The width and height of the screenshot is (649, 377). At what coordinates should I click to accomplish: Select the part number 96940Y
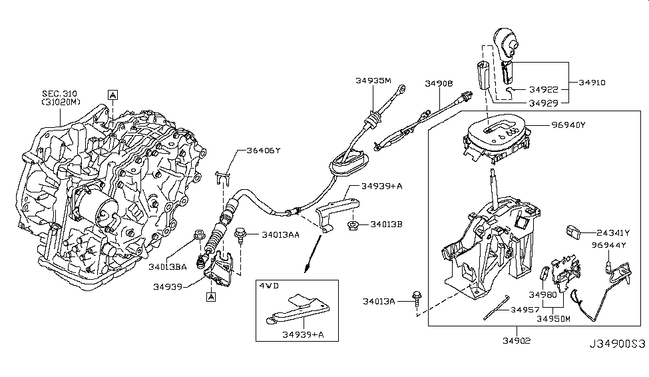568,124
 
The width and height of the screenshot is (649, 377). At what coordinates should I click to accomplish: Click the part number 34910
592,83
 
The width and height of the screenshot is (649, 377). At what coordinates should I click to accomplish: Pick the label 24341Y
612,232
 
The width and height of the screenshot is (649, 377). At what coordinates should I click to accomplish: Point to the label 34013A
379,302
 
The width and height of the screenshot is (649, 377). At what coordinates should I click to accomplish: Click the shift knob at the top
508,43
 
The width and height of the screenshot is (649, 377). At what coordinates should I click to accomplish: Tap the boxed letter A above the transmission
113,95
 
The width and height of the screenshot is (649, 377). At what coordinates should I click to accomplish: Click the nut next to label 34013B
353,226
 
